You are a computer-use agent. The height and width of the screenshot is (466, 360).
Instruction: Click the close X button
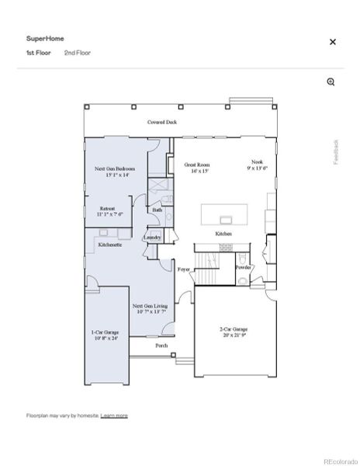pos(333,42)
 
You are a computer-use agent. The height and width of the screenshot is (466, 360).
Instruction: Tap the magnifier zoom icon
pos(331,82)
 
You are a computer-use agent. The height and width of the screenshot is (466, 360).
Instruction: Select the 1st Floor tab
pos(39,53)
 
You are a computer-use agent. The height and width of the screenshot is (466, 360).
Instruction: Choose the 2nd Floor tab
pos(78,53)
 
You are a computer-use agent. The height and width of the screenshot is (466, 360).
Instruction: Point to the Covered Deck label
pos(162,123)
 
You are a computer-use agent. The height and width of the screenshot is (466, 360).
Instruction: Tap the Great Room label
pos(197,169)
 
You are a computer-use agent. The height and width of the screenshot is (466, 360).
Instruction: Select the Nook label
pos(258,165)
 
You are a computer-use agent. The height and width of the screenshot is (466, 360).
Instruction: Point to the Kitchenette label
pos(109,244)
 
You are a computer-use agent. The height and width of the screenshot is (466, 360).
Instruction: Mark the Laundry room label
pos(153,238)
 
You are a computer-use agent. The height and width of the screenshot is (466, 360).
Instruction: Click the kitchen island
pos(225,214)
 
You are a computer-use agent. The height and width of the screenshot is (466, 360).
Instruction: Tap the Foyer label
pos(184,270)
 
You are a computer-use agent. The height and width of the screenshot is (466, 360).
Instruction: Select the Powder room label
pos(243,267)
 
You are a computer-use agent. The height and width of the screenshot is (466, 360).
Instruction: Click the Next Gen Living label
pos(148,308)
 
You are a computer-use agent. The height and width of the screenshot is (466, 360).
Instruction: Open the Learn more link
pos(114,416)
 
